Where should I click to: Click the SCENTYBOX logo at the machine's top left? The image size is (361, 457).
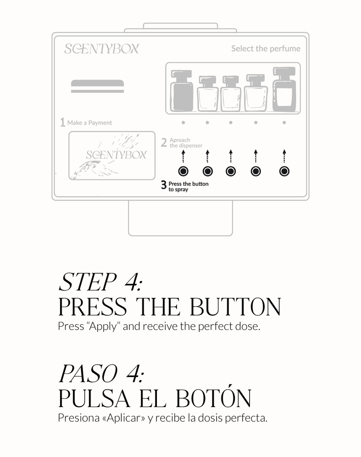click(102, 49)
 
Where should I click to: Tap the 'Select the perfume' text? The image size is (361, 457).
click(266, 49)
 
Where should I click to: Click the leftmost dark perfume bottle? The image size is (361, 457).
click(182, 90)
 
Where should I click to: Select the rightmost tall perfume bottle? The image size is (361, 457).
click(284, 89)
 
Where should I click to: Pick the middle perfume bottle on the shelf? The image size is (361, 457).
click(231, 93)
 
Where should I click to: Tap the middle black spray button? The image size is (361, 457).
click(231, 171)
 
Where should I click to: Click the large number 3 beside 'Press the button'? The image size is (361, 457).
click(164, 185)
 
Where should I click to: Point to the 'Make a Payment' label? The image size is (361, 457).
click(90, 123)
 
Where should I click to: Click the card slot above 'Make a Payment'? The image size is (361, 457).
click(97, 86)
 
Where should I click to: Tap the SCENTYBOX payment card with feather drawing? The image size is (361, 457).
click(112, 156)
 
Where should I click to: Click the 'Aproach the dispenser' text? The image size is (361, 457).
click(186, 143)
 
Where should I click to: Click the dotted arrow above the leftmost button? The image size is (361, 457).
click(183, 156)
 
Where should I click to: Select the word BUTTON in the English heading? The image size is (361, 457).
click(235, 306)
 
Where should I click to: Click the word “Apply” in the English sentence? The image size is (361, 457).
click(103, 326)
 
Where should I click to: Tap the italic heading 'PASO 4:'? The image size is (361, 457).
click(101, 373)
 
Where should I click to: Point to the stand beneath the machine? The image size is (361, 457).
click(180, 218)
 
